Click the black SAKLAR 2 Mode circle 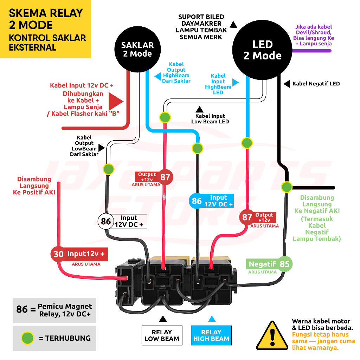coord(137,49)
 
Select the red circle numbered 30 coord(58,254)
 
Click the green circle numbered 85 coord(285,264)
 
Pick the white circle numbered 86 coord(105,221)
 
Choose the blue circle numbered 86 coord(197,201)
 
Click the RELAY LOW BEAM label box coord(162,335)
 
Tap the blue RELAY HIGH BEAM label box coord(211,335)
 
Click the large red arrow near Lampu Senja coord(115,102)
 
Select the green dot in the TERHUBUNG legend coord(28,338)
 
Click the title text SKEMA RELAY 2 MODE coord(46,19)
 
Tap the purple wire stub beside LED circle coord(311,51)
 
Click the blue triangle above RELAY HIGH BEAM coord(211,319)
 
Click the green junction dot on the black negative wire coord(287,187)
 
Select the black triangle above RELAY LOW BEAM coord(162,319)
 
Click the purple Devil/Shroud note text coord(314,35)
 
